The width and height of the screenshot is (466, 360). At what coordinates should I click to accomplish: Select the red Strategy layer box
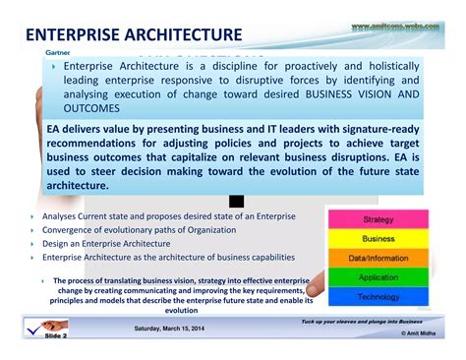point(379,220)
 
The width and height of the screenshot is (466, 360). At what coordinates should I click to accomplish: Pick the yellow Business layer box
point(379,239)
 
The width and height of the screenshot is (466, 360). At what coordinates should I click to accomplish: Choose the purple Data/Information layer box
point(379,258)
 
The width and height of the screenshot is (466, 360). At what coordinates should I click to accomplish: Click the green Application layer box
point(379,277)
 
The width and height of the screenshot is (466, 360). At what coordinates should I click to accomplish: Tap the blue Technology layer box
point(379,296)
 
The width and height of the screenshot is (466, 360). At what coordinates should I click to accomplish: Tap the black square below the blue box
point(237,200)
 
